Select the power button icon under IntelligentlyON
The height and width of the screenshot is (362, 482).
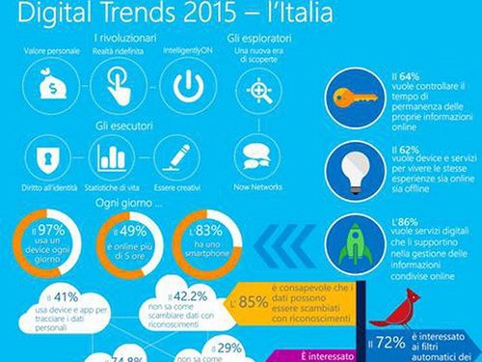click(189, 86)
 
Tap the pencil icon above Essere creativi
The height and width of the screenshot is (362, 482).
click(177, 156)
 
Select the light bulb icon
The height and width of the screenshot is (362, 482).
click(342, 167)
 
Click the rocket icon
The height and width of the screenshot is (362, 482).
click(343, 238)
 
